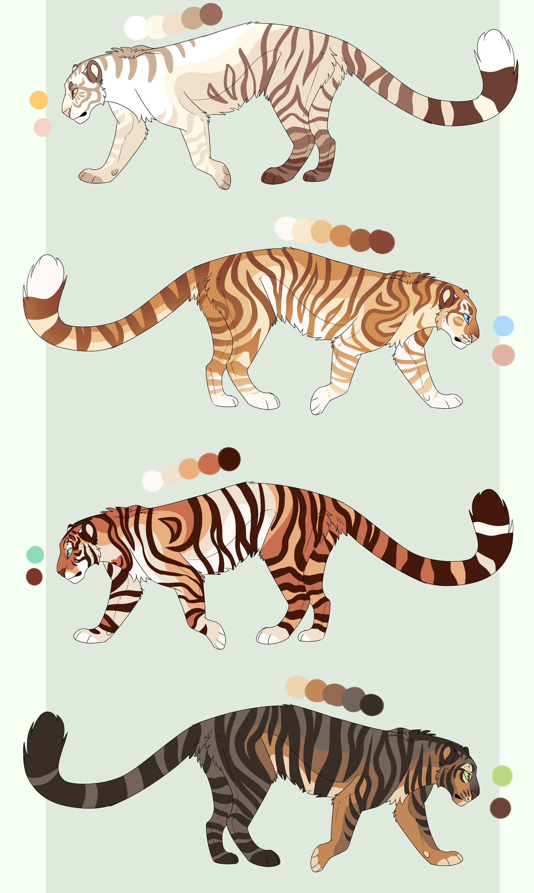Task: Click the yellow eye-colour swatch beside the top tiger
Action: click(x=38, y=100)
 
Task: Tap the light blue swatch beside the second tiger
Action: click(x=503, y=326)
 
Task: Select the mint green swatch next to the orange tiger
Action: click(x=35, y=554)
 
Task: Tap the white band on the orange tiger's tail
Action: click(x=492, y=529)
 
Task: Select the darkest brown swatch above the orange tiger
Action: click(x=229, y=459)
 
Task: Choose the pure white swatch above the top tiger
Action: click(x=136, y=27)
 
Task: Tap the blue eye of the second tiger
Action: click(x=466, y=318)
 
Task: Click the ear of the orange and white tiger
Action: click(x=88, y=531)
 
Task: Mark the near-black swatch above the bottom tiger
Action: click(x=371, y=705)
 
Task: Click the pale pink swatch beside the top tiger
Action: click(x=43, y=128)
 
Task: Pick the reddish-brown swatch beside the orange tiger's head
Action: click(x=34, y=577)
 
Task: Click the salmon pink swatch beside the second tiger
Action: click(x=503, y=355)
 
